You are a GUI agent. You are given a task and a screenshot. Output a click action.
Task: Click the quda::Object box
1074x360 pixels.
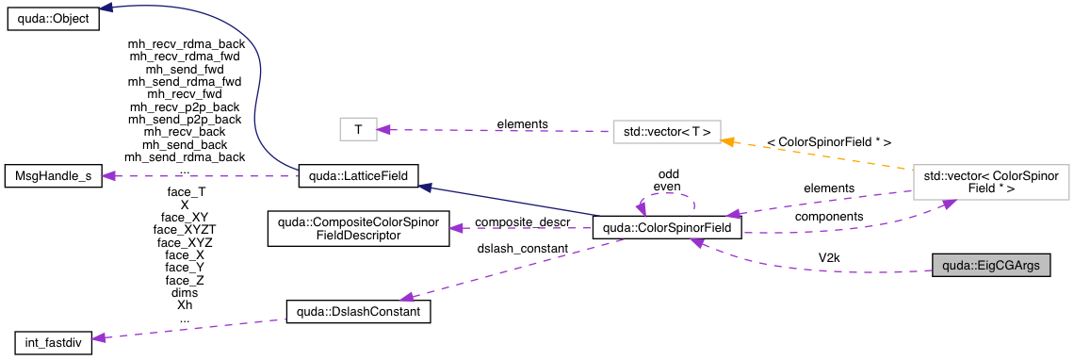(x=53, y=19)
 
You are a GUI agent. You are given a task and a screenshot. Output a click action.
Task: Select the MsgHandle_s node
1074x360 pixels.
(x=53, y=175)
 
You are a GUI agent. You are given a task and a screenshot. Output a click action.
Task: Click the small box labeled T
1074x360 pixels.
(x=357, y=130)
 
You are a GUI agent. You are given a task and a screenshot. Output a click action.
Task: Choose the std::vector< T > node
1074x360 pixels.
(x=667, y=130)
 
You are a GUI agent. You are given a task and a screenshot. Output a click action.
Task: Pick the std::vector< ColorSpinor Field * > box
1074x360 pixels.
(x=990, y=182)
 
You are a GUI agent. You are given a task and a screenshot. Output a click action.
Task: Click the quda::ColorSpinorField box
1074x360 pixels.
(x=667, y=228)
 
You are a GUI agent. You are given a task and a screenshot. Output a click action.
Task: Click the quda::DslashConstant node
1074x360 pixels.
(x=358, y=312)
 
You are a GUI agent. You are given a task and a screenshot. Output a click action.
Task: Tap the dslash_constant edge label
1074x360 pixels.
(x=524, y=248)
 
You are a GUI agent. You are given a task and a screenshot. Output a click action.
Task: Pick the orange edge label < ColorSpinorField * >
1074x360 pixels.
(x=829, y=141)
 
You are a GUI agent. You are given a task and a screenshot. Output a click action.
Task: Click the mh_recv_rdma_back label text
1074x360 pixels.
(x=186, y=43)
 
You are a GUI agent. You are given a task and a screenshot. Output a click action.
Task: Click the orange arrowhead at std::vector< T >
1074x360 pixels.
(x=727, y=139)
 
